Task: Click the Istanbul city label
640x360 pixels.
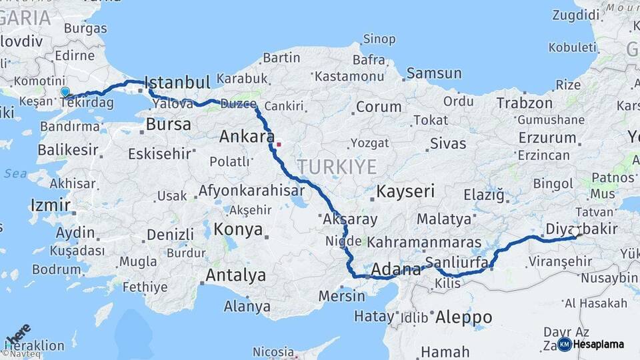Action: (177, 83)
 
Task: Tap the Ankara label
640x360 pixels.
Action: (247, 137)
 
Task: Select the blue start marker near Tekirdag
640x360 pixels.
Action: (65, 92)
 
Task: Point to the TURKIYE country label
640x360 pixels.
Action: (337, 167)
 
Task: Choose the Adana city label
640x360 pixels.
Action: (396, 269)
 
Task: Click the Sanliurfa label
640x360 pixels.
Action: (457, 262)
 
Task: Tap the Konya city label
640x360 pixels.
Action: (238, 230)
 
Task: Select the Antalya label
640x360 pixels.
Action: (235, 275)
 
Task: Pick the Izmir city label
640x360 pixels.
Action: (50, 204)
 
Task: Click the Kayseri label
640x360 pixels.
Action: (405, 192)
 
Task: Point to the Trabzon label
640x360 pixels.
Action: (524, 103)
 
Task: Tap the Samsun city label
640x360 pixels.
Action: (433, 73)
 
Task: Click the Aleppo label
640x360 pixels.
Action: (463, 318)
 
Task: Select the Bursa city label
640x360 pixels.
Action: (168, 124)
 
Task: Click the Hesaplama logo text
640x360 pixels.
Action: (599, 345)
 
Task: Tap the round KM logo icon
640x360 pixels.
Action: (565, 345)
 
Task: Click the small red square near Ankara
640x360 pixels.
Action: (279, 143)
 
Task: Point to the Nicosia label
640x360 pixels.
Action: (273, 351)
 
